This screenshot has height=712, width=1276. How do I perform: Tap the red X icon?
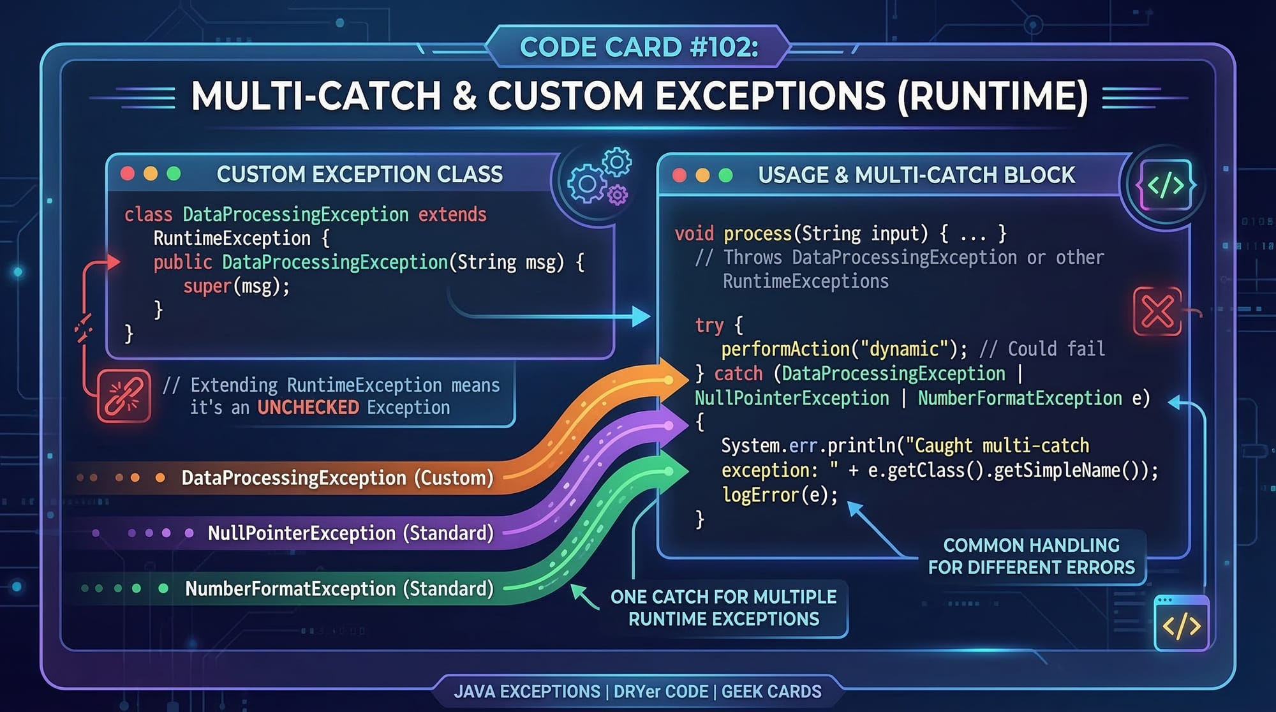(x=1157, y=311)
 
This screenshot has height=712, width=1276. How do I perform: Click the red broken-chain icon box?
(x=124, y=396)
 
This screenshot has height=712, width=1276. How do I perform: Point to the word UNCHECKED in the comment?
(x=308, y=408)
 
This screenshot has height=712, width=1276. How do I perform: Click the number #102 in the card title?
(x=723, y=47)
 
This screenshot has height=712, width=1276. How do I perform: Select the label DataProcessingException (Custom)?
(x=337, y=478)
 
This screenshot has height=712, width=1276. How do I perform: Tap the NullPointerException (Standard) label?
(x=350, y=533)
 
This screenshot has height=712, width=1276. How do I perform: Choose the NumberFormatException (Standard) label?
(x=339, y=588)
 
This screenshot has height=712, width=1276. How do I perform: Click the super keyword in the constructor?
(x=207, y=286)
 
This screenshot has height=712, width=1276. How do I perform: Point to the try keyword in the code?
(x=709, y=325)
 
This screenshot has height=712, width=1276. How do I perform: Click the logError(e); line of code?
(x=780, y=495)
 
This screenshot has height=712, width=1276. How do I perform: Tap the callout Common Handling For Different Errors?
(x=1031, y=556)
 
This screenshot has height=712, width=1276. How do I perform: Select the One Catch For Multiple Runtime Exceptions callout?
(x=723, y=608)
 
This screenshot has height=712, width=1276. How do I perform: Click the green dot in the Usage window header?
(x=725, y=175)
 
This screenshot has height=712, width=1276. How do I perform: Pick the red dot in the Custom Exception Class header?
(x=128, y=174)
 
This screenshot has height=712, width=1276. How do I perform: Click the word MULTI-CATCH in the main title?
(x=316, y=96)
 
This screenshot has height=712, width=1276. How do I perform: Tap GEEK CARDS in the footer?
(x=771, y=692)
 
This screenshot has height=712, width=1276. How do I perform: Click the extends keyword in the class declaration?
(x=452, y=214)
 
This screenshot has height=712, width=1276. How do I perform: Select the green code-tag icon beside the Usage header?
(x=1166, y=185)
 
